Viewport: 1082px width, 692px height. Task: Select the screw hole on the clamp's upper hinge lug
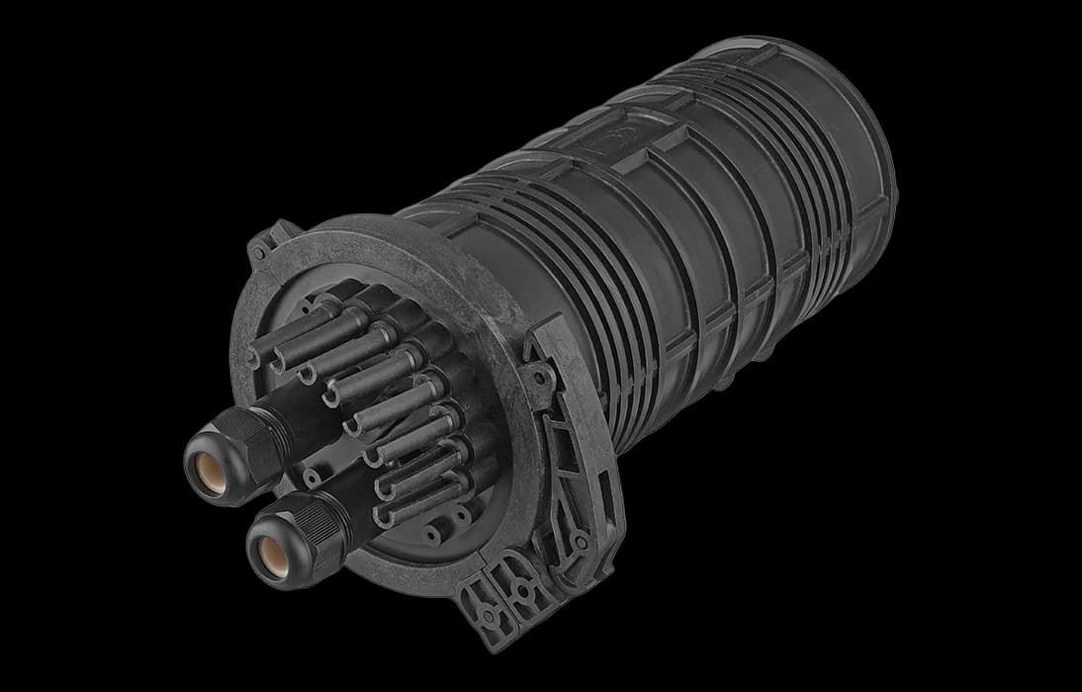pyautogui.click(x=539, y=376)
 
